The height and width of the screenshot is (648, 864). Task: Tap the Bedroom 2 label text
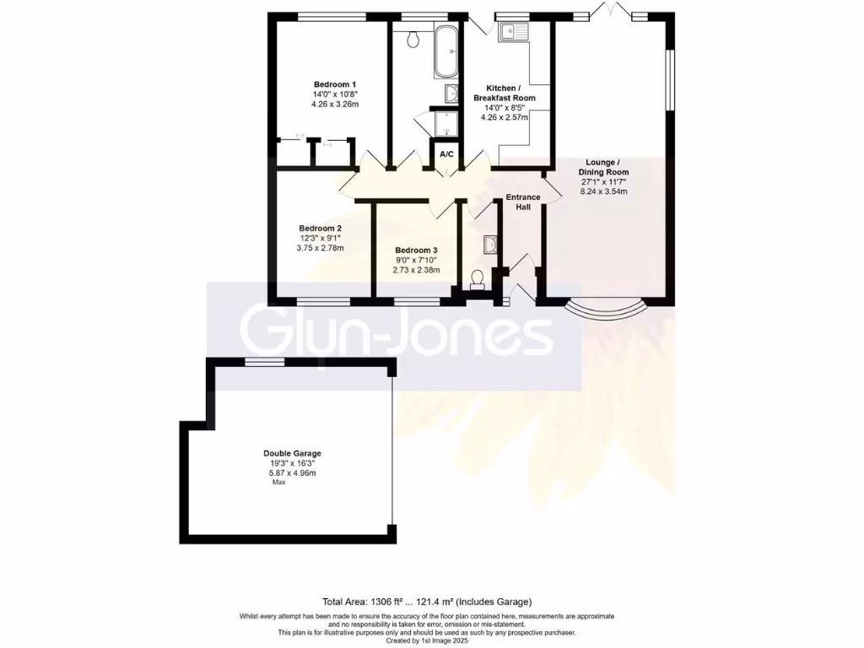tap(320, 228)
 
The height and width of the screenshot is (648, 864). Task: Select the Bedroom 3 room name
tap(416, 251)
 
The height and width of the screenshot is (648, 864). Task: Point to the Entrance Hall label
tap(522, 202)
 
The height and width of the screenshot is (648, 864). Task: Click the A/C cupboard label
tap(446, 154)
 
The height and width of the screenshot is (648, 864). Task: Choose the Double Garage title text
tap(292, 453)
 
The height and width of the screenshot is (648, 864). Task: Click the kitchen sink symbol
tap(511, 33)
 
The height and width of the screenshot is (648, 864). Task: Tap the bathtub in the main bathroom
tap(445, 51)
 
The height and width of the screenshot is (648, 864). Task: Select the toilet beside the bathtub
tap(413, 39)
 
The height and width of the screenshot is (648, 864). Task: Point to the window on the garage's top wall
tap(264, 361)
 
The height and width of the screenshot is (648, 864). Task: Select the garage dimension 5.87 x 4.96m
tap(292, 473)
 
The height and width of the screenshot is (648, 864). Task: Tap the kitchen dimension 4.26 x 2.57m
tap(504, 117)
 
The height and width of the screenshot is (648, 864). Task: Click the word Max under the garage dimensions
tap(278, 482)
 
